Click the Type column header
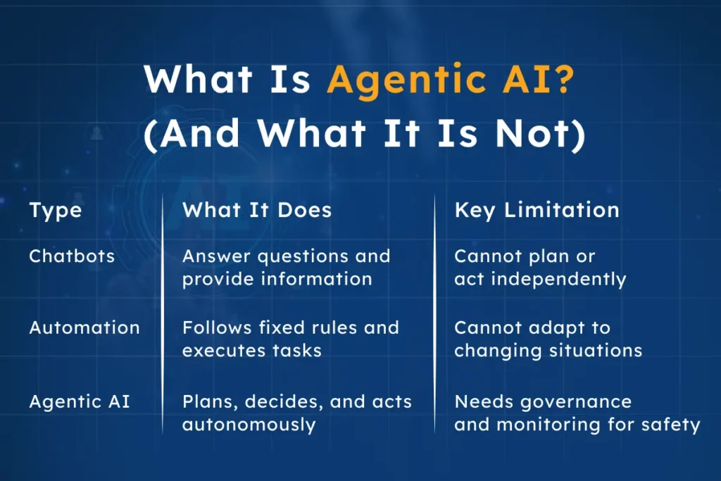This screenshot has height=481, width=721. [x=56, y=210]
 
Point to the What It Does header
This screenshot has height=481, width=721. [x=257, y=210]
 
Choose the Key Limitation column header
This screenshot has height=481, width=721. [x=537, y=210]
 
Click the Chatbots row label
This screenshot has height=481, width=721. [x=72, y=256]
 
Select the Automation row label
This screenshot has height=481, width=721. [x=84, y=327]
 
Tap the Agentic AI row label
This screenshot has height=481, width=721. [x=80, y=402]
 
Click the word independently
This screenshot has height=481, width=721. [x=558, y=279]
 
